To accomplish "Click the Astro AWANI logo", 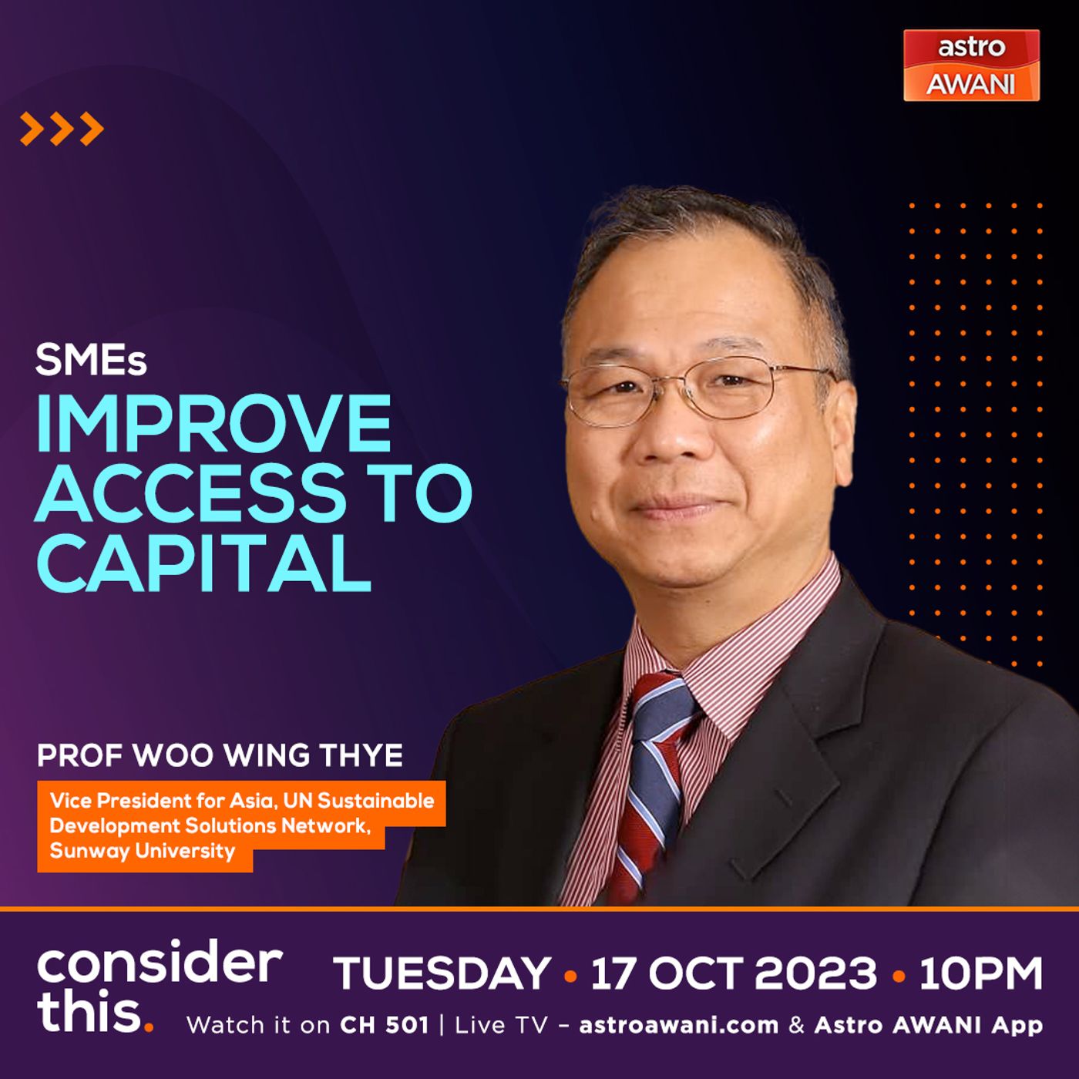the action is tap(972, 66).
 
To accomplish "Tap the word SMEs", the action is tap(91, 360).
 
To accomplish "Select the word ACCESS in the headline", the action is tap(190, 492).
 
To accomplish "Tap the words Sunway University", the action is tap(143, 851).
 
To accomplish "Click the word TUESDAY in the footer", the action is tap(442, 973).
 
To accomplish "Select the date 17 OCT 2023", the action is tap(734, 973).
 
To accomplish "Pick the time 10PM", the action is tap(980, 973).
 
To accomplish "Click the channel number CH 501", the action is tap(384, 1025).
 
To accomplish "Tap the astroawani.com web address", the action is tap(679, 1025).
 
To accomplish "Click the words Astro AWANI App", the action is tap(929, 1025).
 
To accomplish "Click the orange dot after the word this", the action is tap(149, 1027).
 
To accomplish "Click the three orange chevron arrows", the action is tap(62, 129).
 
